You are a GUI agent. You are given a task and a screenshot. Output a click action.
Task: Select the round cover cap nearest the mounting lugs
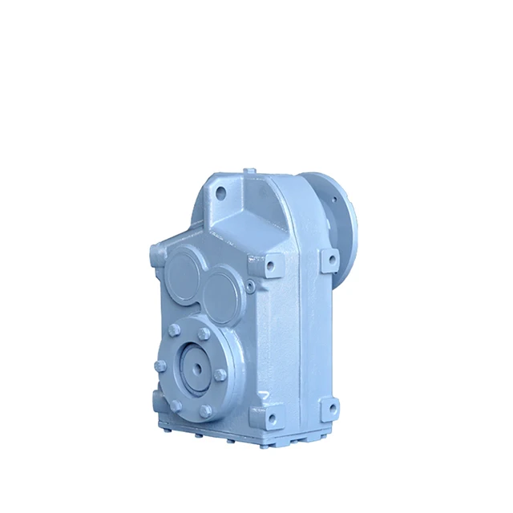pos(222,292)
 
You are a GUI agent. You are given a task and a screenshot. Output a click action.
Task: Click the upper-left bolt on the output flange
pos(174,330)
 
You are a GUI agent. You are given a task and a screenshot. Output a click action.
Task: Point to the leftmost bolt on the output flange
pos(159,366)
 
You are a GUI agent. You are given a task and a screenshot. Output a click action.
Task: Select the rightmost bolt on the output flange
pos(220,374)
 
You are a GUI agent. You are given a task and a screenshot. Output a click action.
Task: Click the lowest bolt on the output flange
pos(206,410)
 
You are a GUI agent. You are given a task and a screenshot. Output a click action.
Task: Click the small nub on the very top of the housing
pos(250,170)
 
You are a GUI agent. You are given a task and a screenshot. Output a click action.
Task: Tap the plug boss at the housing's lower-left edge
pos(153,398)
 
